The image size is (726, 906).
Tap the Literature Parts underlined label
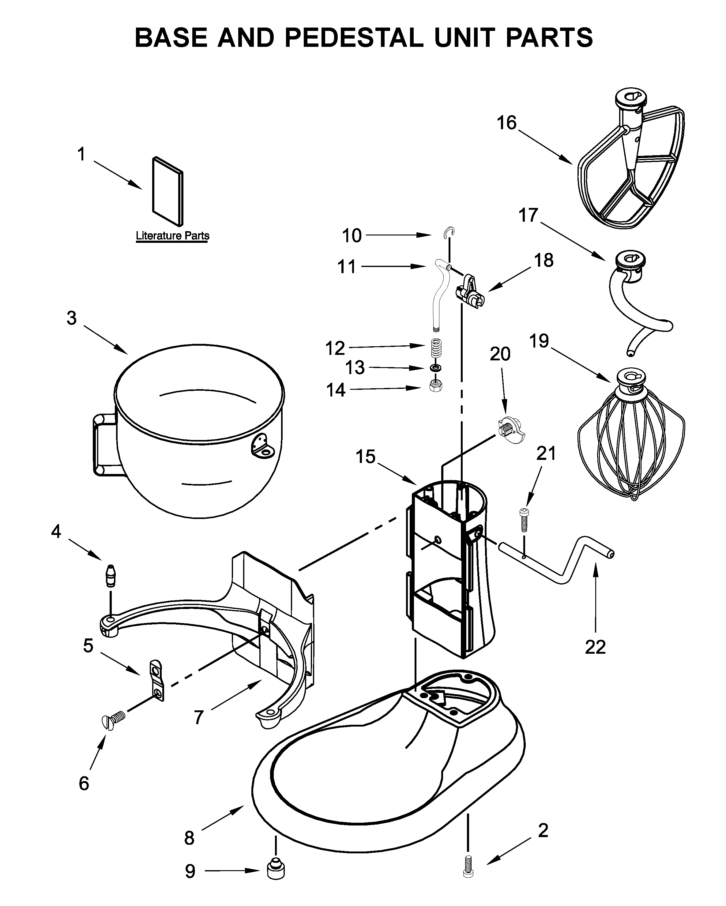[172, 236]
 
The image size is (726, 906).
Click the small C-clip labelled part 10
[450, 232]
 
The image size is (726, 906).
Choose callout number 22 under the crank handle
[595, 648]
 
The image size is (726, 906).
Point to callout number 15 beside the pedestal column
[365, 456]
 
